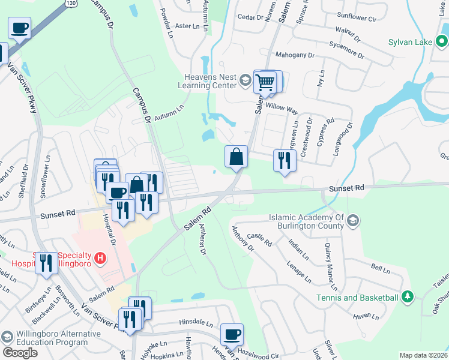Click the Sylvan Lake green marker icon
pyautogui.click(x=442, y=42)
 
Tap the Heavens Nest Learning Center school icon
pyautogui.click(x=245, y=80)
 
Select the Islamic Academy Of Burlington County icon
pyautogui.click(x=352, y=221)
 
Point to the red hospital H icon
pyautogui.click(x=101, y=259)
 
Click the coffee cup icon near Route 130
pyautogui.click(x=19, y=28)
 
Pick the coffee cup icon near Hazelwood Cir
pyautogui.click(x=232, y=334)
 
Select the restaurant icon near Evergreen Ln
pyautogui.click(x=284, y=160)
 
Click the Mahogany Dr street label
pyautogui.click(x=295, y=55)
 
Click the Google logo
pyautogui.click(x=20, y=353)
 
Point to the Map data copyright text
pyautogui.click(x=423, y=355)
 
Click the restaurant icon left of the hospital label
pyautogui.click(x=46, y=262)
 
